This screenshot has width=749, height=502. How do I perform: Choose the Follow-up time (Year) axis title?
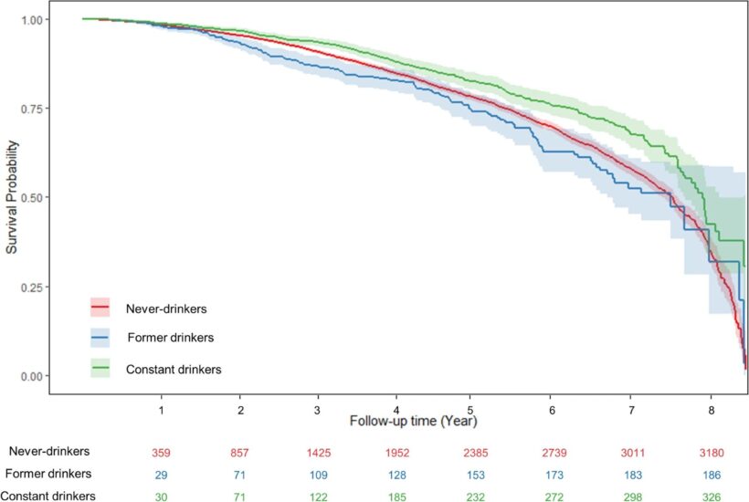(x=412, y=422)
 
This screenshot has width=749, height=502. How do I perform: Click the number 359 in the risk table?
(x=162, y=452)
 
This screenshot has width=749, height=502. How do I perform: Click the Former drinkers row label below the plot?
(x=48, y=474)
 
